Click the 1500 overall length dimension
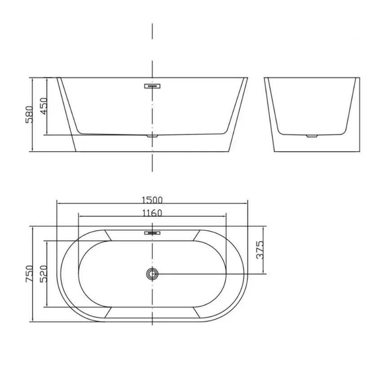coord(152,200)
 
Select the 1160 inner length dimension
coord(152,213)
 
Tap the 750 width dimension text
coord(30,274)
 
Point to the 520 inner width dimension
coord(44,274)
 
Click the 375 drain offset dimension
coord(260,250)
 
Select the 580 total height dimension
coord(29,114)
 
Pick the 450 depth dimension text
coord(44,106)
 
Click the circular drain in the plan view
coord(152,274)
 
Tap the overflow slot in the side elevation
coord(152,86)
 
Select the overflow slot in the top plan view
coord(152,233)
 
